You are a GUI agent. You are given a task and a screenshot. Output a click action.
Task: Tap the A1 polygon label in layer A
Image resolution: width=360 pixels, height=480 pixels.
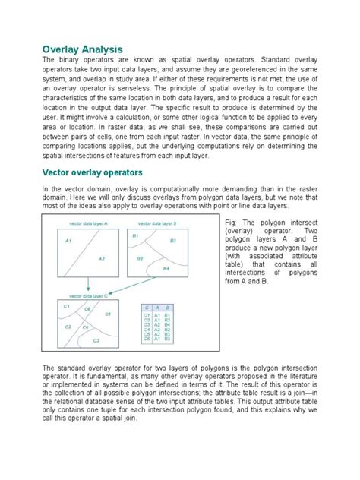(68, 241)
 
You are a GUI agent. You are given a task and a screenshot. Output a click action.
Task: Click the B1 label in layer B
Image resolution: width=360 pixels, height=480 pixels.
(135, 236)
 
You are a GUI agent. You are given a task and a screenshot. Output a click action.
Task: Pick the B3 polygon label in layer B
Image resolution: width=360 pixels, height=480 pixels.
(172, 241)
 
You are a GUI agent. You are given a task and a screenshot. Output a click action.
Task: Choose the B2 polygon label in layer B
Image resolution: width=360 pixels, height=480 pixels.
(140, 259)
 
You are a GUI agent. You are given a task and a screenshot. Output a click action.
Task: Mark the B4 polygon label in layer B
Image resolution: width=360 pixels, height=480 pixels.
(166, 270)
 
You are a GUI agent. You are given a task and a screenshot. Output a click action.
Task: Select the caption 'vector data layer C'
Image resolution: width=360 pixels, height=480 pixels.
(87, 293)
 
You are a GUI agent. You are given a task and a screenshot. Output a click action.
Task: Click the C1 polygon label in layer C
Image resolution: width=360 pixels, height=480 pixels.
(67, 306)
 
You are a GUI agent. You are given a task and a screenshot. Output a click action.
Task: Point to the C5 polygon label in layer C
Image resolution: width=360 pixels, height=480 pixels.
(107, 314)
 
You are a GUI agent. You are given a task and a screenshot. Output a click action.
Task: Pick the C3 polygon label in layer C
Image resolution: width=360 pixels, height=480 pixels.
(96, 341)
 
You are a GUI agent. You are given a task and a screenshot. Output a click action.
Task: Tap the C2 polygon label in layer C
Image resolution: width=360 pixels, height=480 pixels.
(68, 327)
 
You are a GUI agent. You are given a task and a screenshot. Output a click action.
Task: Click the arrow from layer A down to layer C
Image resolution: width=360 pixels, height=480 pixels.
(89, 283)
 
